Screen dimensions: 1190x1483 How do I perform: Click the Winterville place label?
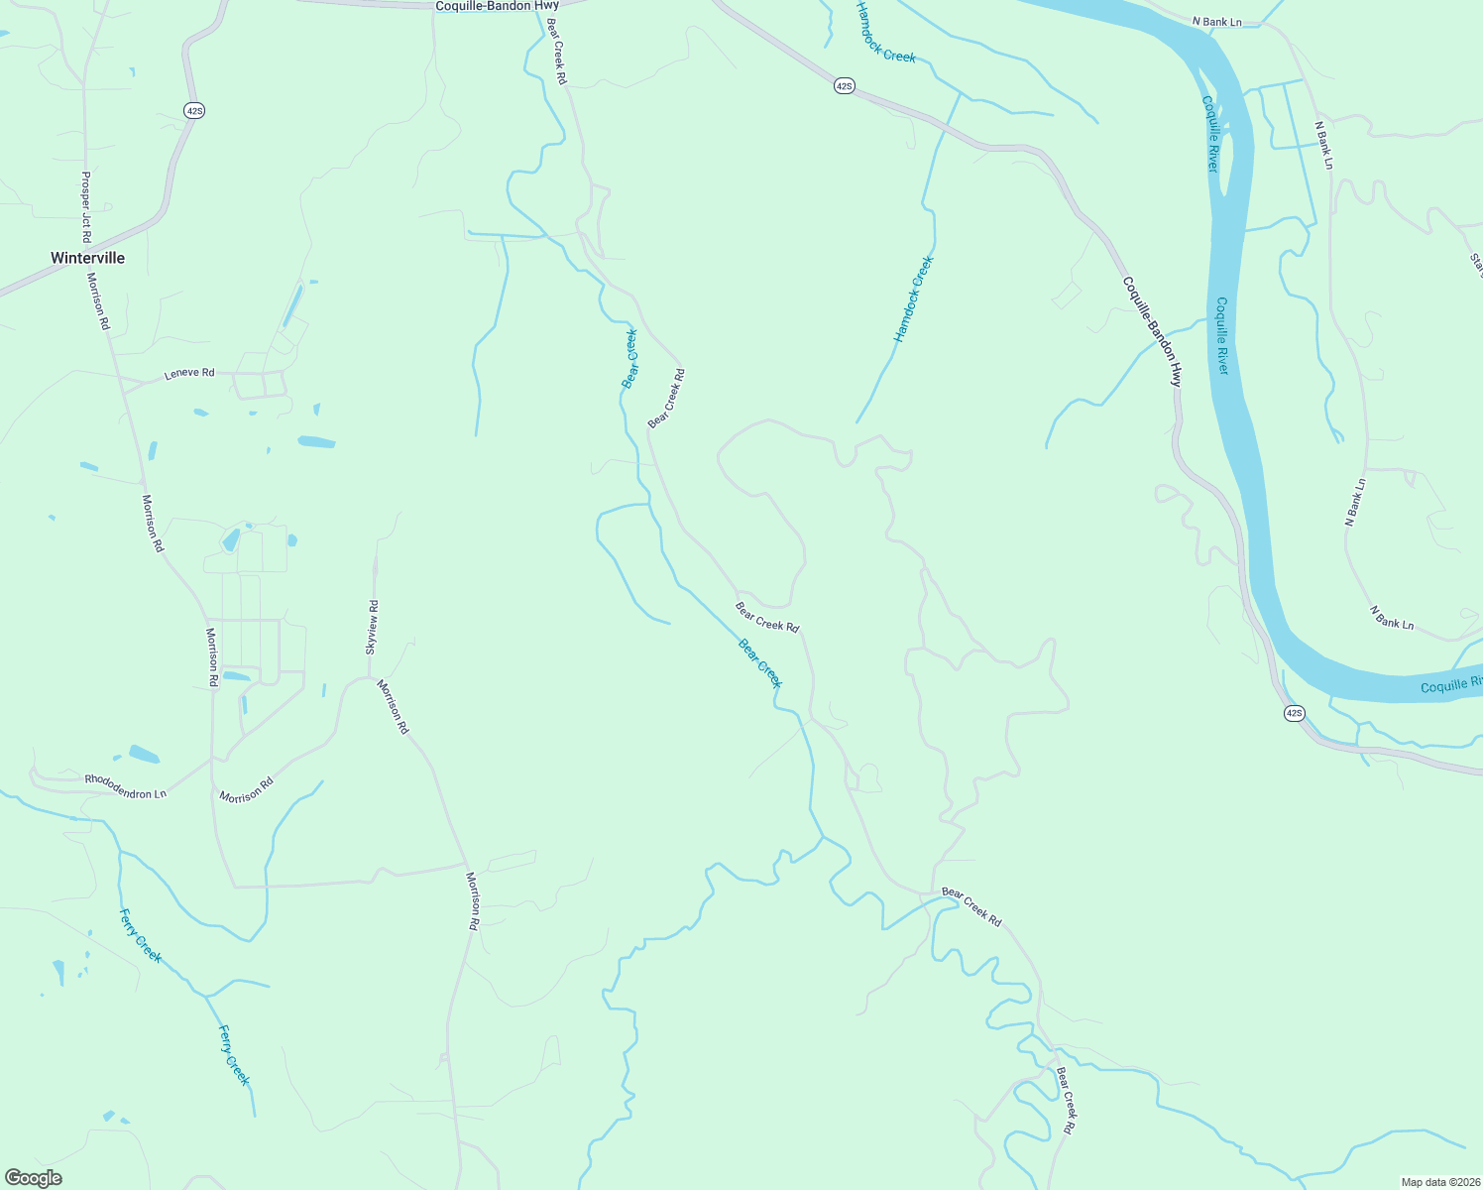pos(87,258)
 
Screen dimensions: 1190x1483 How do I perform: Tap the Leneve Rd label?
pos(188,374)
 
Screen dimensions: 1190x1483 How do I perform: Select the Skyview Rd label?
pos(372,627)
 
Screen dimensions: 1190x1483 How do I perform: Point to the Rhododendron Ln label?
pos(125,786)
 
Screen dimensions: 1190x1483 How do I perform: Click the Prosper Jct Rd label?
pos(85,207)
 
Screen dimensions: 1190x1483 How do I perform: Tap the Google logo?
pos(33,1178)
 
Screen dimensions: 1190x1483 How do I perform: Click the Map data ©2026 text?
pos(1439,1182)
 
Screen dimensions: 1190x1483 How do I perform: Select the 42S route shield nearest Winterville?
pos(194,111)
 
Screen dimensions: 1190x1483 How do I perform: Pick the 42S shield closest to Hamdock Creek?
pos(843,86)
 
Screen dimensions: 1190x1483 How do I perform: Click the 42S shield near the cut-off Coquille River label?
pos(1293,713)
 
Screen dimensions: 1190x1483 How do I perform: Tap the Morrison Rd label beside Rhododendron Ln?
pos(246,790)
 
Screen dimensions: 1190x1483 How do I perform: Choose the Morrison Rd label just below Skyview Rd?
pos(393,707)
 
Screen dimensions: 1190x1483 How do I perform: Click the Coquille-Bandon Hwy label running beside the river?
pos(1152,330)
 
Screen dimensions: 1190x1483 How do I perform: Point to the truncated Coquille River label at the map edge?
pos(1451,685)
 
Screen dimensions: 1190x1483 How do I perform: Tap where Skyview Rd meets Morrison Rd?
pos(370,677)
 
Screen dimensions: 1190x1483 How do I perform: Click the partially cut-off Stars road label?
pos(1476,266)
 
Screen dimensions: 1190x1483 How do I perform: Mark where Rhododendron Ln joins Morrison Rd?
pos(212,760)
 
